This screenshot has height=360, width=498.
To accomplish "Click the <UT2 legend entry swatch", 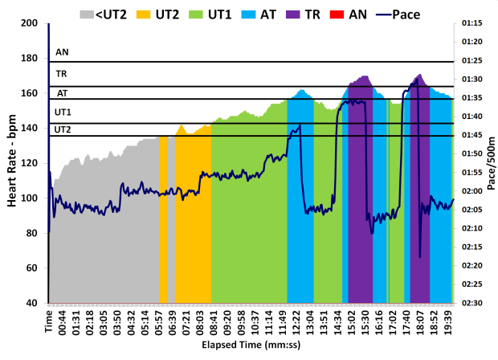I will (x=87, y=13).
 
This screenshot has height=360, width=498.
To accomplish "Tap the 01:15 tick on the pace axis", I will (x=472, y=22).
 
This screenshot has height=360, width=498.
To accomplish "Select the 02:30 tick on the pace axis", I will (x=472, y=303).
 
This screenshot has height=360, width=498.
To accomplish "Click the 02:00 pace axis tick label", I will (x=472, y=191).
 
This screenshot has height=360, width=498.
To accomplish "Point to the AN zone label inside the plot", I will (x=62, y=52).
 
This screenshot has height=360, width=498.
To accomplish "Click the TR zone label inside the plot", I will (x=62, y=73).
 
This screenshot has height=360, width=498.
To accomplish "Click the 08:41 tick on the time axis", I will (x=213, y=321).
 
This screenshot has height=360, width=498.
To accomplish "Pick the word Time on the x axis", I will (x=49, y=318).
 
